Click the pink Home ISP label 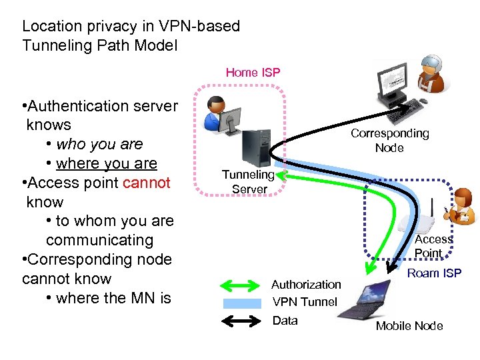(253, 72)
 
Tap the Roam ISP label (434, 273)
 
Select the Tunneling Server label (248, 182)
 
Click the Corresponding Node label (389, 141)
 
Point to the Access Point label (433, 246)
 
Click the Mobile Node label (409, 325)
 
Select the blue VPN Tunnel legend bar (241, 303)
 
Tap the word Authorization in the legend (305, 285)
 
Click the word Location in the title (49, 27)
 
